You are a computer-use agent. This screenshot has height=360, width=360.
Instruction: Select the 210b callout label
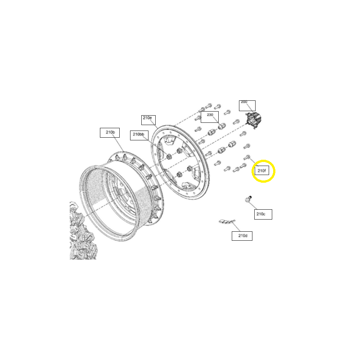point(110,132)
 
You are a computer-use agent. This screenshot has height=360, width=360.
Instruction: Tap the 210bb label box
point(139,135)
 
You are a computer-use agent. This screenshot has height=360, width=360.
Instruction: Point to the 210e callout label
point(148,119)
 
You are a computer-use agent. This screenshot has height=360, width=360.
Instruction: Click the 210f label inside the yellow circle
point(261,171)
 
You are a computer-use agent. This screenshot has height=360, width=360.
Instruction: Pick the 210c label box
point(263,214)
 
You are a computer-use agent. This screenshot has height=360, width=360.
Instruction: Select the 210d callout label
point(242,235)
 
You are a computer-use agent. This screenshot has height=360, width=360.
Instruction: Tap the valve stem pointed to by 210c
point(248,199)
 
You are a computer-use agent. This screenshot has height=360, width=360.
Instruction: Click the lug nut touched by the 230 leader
point(221,126)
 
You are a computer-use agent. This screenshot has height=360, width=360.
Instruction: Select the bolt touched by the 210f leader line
point(247,157)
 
